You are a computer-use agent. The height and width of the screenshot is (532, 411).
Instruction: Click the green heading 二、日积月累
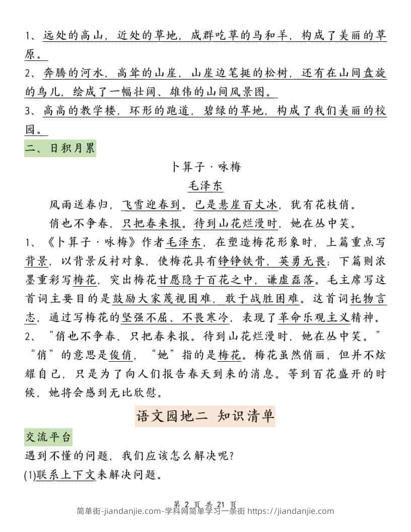(60, 149)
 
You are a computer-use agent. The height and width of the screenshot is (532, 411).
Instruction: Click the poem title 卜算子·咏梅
(205, 167)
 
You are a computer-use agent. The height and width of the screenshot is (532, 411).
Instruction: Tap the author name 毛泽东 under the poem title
(205, 185)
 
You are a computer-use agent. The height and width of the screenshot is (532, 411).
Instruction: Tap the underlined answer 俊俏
(121, 356)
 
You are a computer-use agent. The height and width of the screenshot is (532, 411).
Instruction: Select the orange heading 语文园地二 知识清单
(205, 416)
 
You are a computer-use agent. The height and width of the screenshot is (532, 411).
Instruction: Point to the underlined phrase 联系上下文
(65, 475)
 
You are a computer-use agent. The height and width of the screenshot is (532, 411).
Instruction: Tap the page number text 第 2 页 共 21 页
(205, 504)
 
